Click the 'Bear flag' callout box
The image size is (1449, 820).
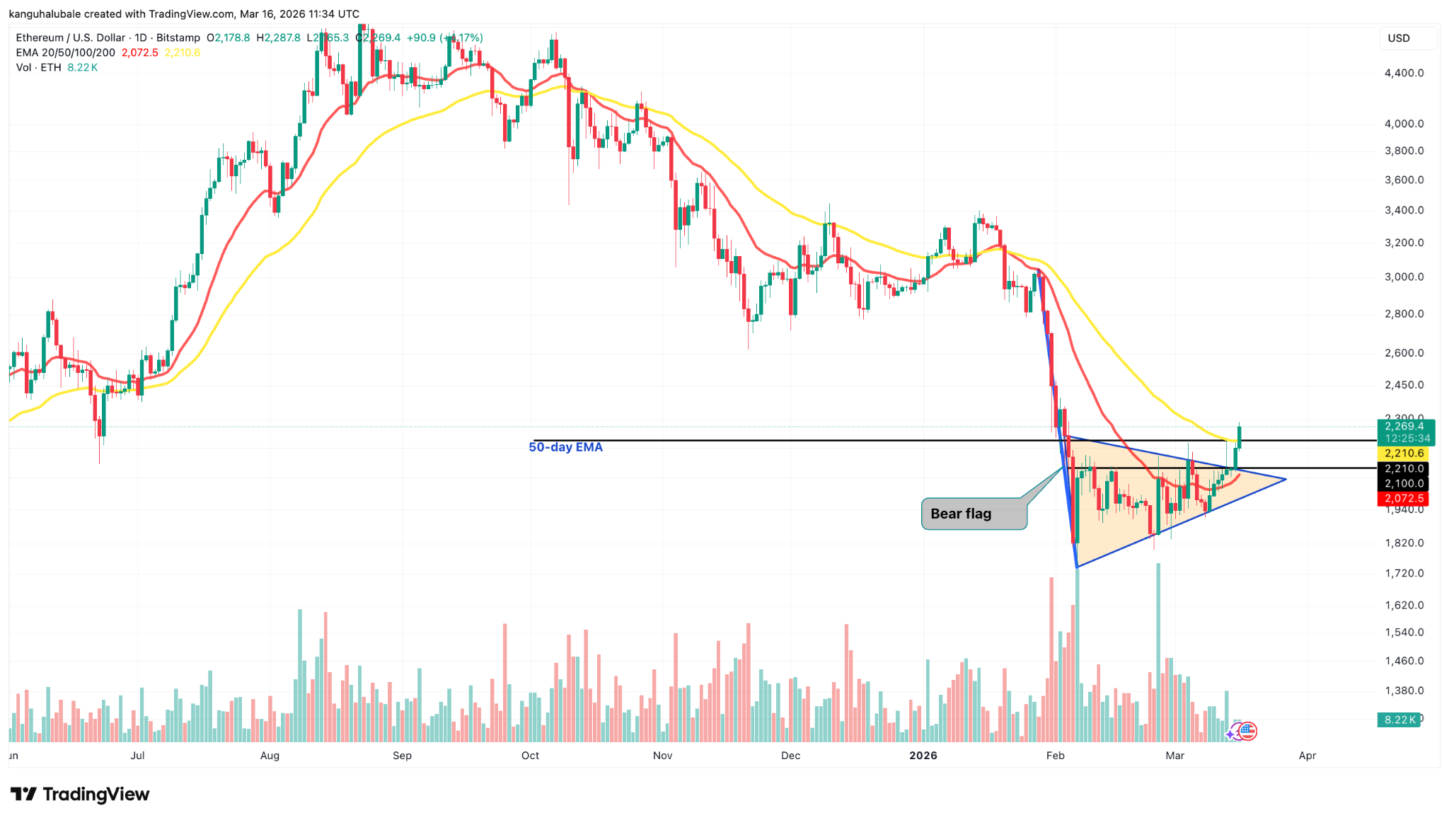pos(974,514)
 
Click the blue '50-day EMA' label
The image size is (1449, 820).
pos(565,447)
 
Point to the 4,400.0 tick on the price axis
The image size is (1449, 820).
pos(1404,73)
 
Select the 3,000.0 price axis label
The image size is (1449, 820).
pos(1404,277)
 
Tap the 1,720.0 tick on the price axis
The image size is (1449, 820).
pos(1404,573)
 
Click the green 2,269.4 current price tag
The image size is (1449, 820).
pos(1405,426)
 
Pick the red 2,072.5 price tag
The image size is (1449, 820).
pos(1404,499)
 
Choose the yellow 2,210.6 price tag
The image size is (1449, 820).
pos(1404,454)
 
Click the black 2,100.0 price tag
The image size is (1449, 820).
pos(1404,484)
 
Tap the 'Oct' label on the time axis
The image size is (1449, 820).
pos(530,756)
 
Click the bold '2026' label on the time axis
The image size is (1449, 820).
pos(923,756)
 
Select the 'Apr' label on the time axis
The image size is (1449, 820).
pos(1307,756)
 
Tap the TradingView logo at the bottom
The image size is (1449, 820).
pos(80,795)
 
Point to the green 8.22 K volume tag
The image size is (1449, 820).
pos(1399,720)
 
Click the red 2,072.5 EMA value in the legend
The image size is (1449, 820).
pos(140,53)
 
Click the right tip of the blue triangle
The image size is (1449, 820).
pos(1285,480)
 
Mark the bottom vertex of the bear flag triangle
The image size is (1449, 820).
pos(1076,567)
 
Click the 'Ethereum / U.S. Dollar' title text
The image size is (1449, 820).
pos(71,38)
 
